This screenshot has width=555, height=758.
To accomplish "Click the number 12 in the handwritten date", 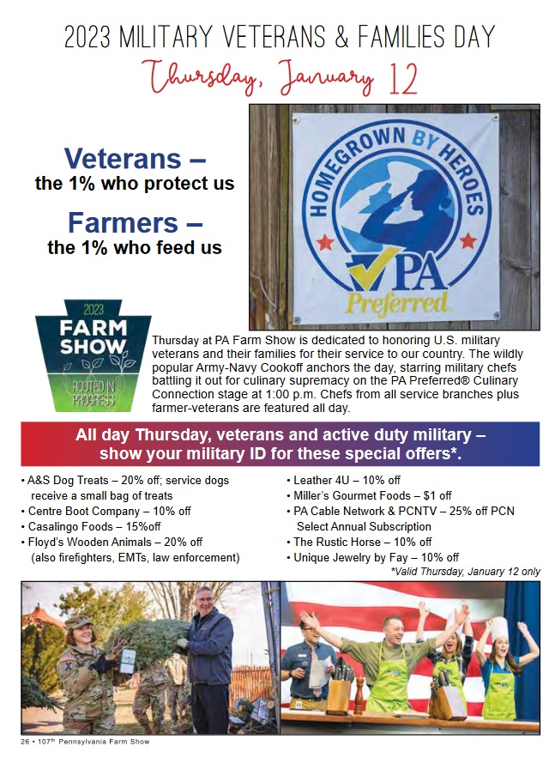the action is (401, 79).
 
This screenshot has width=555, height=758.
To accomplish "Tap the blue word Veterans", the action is (123, 158).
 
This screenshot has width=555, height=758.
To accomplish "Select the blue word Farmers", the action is (123, 222).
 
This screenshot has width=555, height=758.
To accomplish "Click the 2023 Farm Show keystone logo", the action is (93, 355).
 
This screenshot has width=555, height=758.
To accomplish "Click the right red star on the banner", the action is (468, 240).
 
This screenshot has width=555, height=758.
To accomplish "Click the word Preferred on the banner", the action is (396, 303).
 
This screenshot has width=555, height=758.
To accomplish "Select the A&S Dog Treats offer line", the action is (125, 488).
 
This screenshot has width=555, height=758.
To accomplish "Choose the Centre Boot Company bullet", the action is (106, 511).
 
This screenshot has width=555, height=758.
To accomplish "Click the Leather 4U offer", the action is (343, 480).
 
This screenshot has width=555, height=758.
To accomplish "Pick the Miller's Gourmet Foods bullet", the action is (369, 495).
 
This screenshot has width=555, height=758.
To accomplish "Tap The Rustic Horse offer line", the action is (359, 542).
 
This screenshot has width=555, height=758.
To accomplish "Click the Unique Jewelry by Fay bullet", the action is (373, 557).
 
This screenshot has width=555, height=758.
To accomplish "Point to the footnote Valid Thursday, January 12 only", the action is (465, 572).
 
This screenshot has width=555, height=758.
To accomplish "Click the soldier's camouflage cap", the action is (77, 622).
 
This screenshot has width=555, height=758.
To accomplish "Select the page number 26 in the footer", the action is (25, 742).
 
